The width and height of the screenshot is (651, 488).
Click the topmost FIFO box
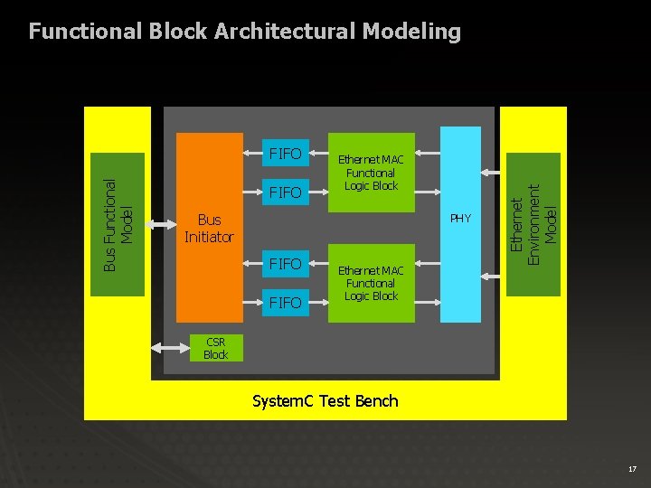click(286, 154)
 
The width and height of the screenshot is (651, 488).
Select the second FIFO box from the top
click(286, 192)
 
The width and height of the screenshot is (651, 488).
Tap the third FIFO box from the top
click(286, 264)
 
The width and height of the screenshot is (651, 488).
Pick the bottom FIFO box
click(286, 303)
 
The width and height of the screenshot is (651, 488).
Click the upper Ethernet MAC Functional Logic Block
click(371, 173)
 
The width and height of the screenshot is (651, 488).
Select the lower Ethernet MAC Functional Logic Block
click(371, 283)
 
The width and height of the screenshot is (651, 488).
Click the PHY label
click(460, 219)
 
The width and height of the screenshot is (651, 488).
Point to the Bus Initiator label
click(209, 229)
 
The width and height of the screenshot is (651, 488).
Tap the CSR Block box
click(216, 348)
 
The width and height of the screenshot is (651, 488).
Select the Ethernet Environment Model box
click(534, 224)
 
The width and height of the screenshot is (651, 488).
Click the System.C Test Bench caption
click(325, 400)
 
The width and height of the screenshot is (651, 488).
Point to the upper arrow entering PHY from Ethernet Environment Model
click(494, 173)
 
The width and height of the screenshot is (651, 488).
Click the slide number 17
click(632, 469)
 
